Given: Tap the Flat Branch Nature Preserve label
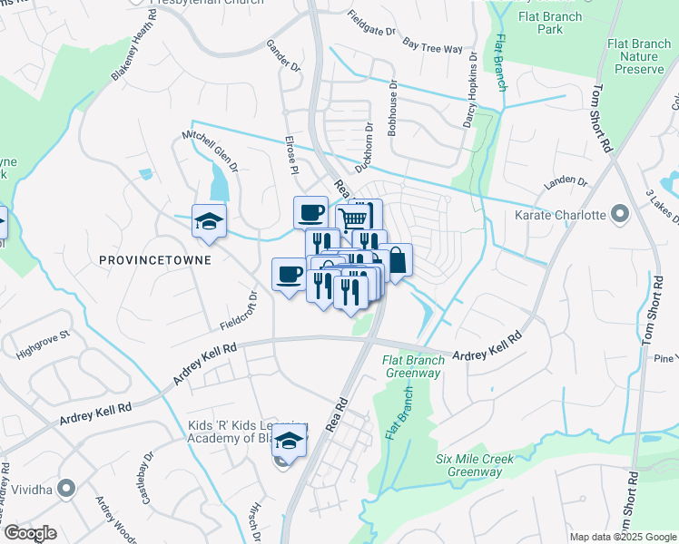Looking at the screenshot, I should click(639, 55).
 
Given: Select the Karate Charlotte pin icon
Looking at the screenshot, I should click(620, 215).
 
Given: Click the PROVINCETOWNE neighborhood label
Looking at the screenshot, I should click(154, 259).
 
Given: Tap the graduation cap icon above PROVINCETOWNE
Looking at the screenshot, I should click(209, 221).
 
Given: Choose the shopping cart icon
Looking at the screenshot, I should click(354, 218).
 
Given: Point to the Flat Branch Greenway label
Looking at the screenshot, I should click(412, 365).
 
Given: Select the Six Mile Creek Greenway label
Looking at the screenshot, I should click(474, 465).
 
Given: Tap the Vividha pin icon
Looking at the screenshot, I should click(65, 488).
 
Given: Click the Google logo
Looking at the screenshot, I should click(30, 532).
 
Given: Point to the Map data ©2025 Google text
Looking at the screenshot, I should click(623, 537).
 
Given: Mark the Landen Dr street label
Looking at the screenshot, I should click(565, 183).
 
